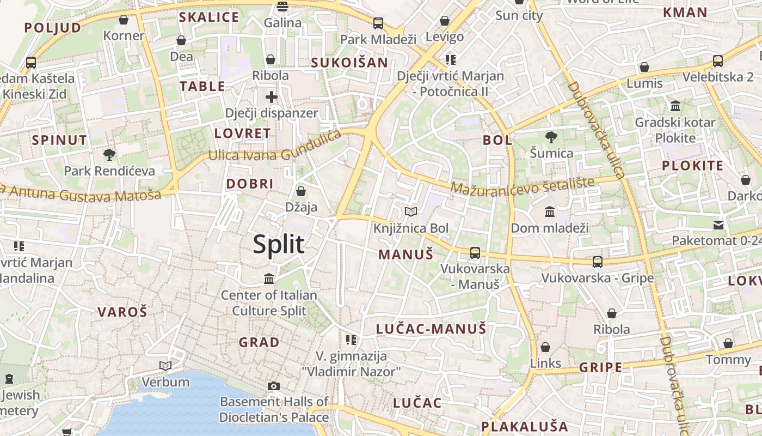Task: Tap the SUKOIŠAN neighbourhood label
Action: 349,63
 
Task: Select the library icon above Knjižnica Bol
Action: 411,211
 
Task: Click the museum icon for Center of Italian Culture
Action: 269,279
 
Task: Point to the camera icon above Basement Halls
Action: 274,386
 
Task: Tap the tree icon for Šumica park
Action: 551,137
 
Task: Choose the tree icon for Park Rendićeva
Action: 109,155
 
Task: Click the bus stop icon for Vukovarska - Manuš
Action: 475,252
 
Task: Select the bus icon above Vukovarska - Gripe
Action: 598,262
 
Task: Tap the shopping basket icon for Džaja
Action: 301,191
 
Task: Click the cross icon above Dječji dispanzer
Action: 271,98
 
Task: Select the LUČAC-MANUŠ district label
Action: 431,329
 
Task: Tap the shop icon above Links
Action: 545,347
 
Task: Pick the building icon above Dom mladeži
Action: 550,211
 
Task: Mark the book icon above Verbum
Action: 165,366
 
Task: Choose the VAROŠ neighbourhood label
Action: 122,312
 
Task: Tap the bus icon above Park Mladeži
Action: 378,23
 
